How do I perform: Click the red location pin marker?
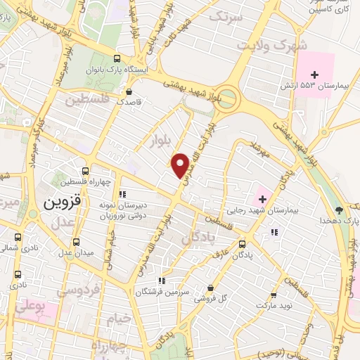(181, 165)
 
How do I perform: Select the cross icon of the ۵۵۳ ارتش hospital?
(315, 74)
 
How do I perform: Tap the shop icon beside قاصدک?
(127, 91)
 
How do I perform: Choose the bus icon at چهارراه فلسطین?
(85, 171)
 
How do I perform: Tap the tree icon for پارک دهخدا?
(340, 210)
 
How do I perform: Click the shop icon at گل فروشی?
(212, 287)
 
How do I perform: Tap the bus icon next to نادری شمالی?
(18, 237)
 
